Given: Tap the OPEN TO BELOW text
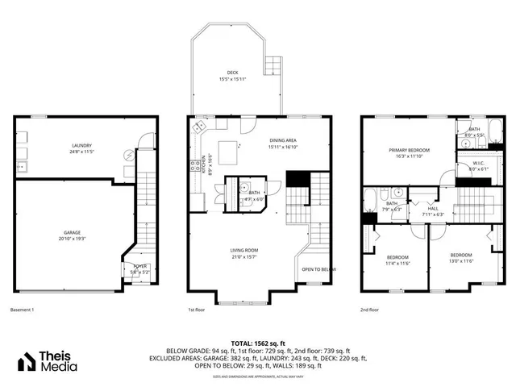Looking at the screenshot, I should pos(318,269).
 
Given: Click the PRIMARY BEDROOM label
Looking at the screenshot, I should pos(409,150).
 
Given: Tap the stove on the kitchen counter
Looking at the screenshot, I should pos(194,167).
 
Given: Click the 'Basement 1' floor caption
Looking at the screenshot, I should pos(23,309).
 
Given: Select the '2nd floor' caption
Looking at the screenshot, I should pos(370,309).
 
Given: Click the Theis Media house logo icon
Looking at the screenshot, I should pos(30,362).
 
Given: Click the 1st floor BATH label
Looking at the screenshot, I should pos(254,193).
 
